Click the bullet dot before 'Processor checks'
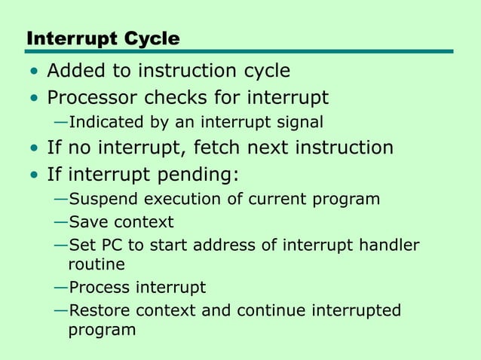[x=33, y=99]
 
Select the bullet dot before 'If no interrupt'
[x=33, y=148]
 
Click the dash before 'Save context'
[x=60, y=222]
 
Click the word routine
[x=96, y=264]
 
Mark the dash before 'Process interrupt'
[x=60, y=288]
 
